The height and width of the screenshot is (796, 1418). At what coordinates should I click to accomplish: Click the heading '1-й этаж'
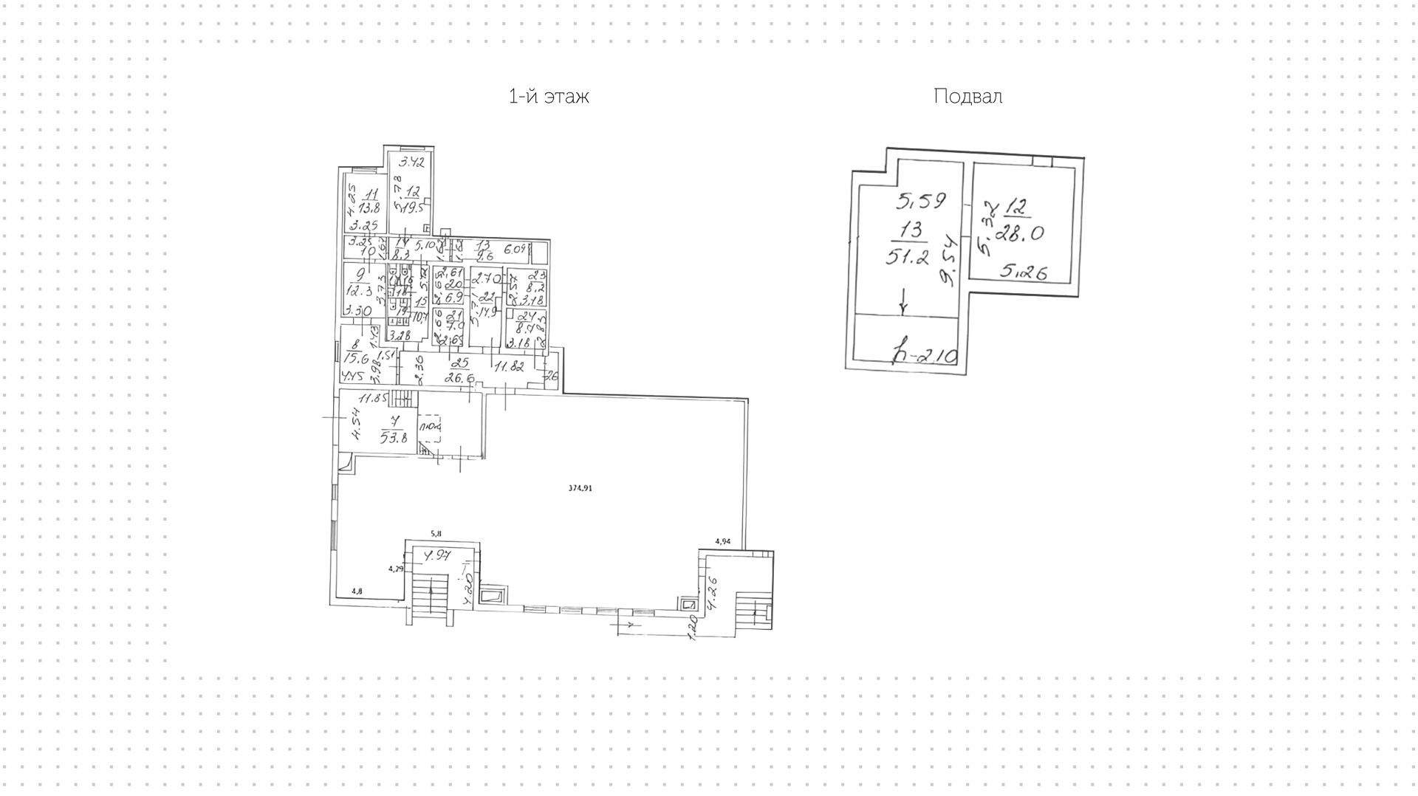tap(549, 97)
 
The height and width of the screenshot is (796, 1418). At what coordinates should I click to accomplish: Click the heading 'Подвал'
tap(967, 97)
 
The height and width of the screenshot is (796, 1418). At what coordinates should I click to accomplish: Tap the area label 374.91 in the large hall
tap(580, 488)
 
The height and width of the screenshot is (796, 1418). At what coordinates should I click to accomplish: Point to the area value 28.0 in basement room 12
tap(1019, 233)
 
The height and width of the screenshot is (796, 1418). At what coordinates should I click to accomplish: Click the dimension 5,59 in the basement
tap(921, 200)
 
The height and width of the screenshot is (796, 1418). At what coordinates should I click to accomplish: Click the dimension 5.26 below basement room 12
tap(1023, 272)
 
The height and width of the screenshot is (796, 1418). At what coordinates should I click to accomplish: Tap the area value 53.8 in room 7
tap(394, 438)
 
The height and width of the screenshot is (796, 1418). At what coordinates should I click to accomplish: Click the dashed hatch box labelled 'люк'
tap(430, 428)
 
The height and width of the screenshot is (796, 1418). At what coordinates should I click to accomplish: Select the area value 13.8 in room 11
tap(369, 208)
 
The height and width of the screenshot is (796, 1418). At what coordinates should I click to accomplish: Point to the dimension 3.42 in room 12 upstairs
tap(412, 162)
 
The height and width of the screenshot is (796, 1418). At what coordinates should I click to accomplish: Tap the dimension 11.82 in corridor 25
tap(509, 366)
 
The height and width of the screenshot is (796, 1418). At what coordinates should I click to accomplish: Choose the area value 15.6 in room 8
tap(356, 359)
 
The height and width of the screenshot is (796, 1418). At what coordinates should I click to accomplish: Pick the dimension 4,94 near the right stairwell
tap(722, 542)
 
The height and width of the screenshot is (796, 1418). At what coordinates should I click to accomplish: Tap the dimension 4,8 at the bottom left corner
tap(357, 591)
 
